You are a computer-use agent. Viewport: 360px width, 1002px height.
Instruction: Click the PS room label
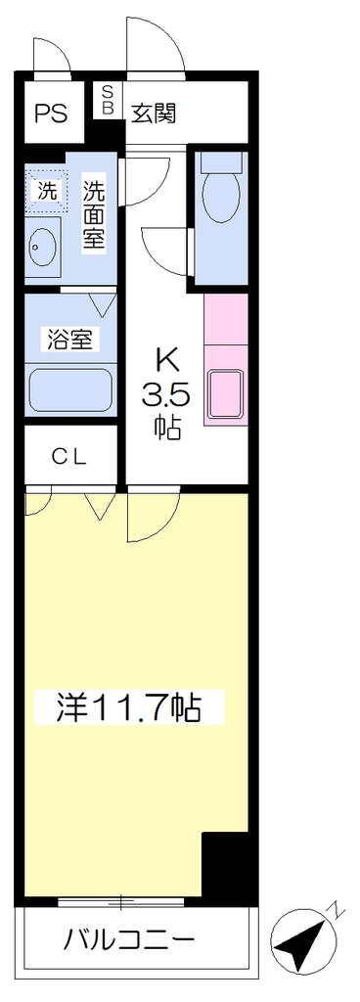[x=50, y=114]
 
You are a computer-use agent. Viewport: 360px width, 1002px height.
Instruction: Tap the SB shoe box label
[x=108, y=100]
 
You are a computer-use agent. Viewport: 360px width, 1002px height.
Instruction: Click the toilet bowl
[x=220, y=190]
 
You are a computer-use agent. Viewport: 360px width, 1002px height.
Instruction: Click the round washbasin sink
[x=42, y=245]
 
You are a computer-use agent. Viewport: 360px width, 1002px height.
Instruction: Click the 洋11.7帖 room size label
[x=129, y=706]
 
